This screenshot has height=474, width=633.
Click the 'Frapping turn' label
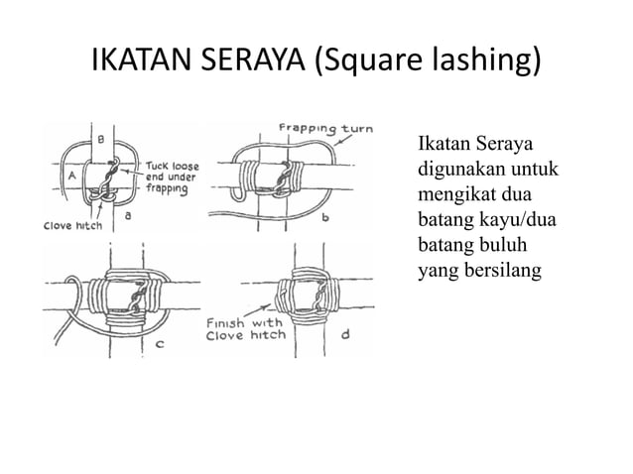[x=325, y=129]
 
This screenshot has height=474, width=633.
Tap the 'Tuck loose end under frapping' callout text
[x=172, y=178]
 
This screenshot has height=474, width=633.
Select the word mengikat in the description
[x=454, y=195]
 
